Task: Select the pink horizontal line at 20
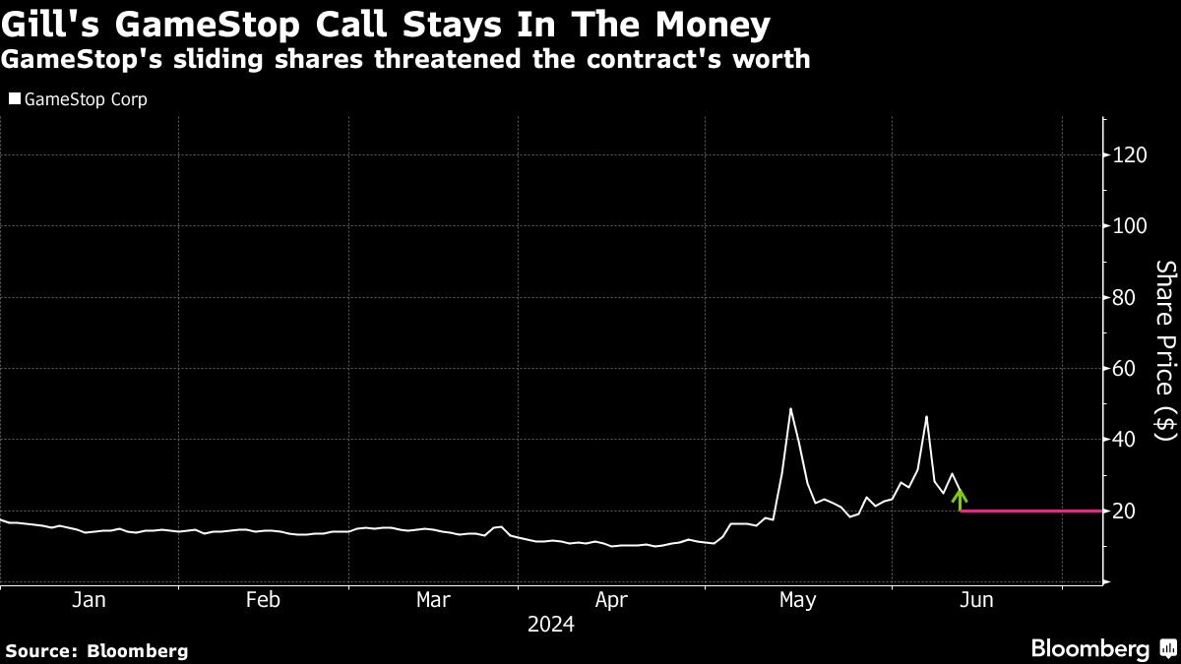(1028, 511)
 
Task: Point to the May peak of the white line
(790, 409)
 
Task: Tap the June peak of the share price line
(926, 417)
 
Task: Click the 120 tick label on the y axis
(1130, 155)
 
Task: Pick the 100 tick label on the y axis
(1130, 226)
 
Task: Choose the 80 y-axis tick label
(1125, 297)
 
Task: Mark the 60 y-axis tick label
(1125, 368)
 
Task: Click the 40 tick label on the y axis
(1125, 439)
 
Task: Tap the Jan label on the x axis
(90, 600)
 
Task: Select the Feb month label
(263, 600)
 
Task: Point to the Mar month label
(434, 600)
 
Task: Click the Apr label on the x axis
(611, 600)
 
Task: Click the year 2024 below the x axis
(551, 625)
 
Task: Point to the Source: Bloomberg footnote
(96, 650)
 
